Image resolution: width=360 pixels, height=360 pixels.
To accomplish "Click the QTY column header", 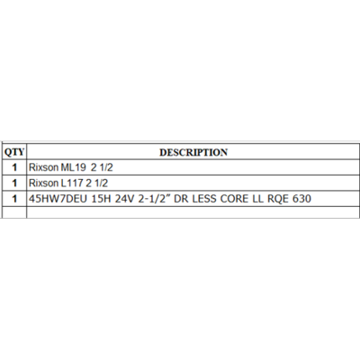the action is coord(14,152).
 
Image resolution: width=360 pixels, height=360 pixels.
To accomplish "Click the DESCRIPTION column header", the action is coord(193,152).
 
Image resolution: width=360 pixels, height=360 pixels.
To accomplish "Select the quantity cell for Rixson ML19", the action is coord(14,167).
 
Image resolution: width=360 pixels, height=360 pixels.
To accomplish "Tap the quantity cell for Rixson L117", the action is coord(14,183).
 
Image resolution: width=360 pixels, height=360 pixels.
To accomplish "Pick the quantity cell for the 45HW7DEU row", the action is coord(14,199).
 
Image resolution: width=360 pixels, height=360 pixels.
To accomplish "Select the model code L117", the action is coord(72,183).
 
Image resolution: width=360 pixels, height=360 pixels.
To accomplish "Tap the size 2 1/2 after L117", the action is coord(96,183).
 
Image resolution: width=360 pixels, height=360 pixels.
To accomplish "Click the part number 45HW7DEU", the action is coord(58,199).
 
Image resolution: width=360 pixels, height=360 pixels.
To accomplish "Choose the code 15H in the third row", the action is coord(101,199).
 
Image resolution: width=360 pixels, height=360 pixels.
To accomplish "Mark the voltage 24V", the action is coord(125,199).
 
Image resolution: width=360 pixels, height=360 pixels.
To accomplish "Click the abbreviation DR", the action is coord(181,199).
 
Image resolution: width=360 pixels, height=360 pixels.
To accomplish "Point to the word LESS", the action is coord(204,199).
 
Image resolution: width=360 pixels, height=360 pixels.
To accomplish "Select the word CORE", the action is coord(234,199).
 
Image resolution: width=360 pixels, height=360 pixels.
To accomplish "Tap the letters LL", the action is coord(257,199).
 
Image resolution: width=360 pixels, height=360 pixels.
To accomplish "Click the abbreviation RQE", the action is coord(277,199).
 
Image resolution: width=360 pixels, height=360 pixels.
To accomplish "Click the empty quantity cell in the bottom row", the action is coord(14,212).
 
